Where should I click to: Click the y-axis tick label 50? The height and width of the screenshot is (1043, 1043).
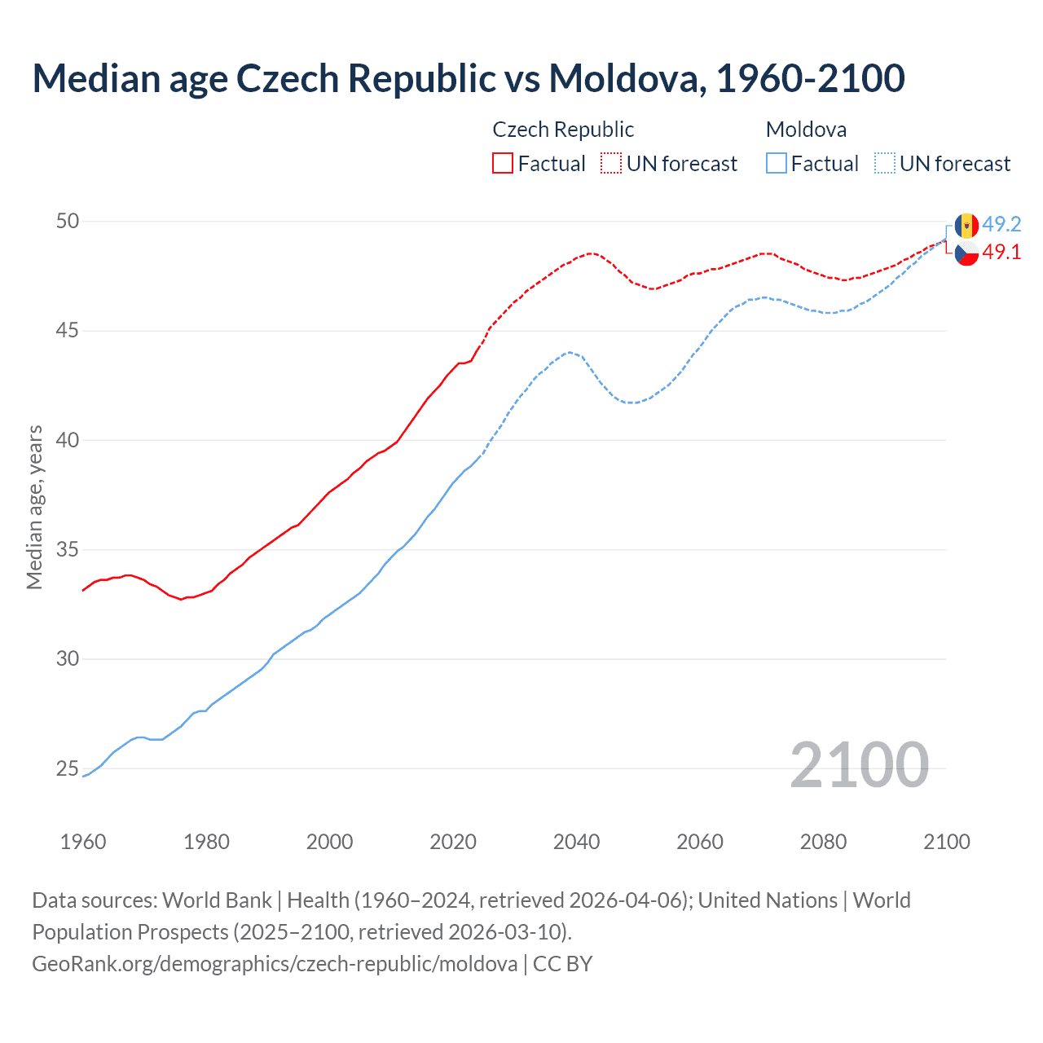point(68,222)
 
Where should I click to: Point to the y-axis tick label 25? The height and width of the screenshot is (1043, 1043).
point(68,768)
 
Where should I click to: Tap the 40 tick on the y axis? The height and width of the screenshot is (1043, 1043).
point(68,440)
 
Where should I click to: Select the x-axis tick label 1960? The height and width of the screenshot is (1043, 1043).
point(83,842)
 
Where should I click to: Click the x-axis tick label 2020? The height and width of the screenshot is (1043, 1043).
point(453,842)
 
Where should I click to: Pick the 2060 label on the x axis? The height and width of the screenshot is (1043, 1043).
point(700,842)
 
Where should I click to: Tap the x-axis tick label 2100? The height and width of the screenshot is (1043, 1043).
point(947,842)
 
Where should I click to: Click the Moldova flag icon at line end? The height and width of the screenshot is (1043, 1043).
point(966,225)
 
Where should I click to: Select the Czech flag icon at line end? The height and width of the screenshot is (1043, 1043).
point(966,253)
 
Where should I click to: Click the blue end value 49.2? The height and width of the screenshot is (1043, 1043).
point(1001,225)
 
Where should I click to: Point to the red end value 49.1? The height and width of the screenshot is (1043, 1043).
point(1001,253)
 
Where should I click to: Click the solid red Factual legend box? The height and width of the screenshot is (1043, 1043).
point(503,164)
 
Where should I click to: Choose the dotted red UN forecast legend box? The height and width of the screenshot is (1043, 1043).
point(611,164)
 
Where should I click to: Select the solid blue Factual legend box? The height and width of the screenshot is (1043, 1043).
point(777,164)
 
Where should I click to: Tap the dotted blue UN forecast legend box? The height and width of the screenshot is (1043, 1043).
point(884,164)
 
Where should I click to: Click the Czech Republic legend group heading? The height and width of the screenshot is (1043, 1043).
point(563,130)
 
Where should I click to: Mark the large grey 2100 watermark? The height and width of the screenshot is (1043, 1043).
point(859,765)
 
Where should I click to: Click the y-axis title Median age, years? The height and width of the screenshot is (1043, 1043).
point(34,507)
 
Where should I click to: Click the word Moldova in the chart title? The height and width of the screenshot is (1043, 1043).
point(623,78)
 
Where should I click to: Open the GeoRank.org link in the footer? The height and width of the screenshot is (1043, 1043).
point(275,964)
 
